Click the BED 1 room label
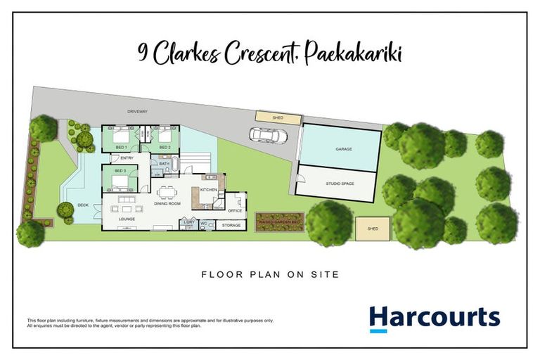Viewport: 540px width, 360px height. (x=122, y=147)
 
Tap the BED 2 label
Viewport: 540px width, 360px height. (x=165, y=147)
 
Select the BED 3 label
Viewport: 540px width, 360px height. (x=121, y=172)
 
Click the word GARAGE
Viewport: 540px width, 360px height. (x=343, y=150)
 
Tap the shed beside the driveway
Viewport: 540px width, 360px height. (x=269, y=117)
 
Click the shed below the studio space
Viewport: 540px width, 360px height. (x=373, y=229)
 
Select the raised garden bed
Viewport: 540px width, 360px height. (x=279, y=222)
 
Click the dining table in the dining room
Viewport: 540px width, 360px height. (x=167, y=192)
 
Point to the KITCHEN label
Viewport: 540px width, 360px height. (x=209, y=190)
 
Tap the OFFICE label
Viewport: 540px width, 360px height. (x=235, y=210)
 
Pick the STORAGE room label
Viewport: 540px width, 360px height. (x=231, y=225)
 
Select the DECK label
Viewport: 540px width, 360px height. (x=84, y=205)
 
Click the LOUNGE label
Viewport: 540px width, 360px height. (x=127, y=219)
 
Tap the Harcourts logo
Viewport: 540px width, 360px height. (x=435, y=319)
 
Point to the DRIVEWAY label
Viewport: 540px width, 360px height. (x=138, y=111)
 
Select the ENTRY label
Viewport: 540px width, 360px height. (x=127, y=158)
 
